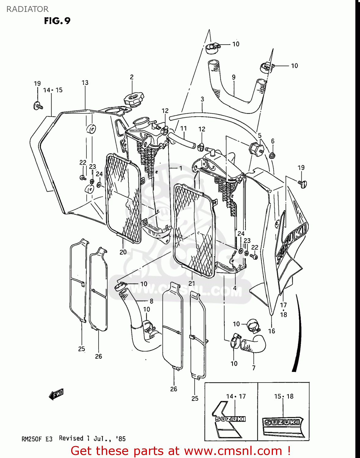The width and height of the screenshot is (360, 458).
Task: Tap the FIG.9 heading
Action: tap(57, 21)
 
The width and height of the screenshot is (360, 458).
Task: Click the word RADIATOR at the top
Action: tap(27, 9)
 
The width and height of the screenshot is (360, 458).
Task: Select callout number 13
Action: tap(85, 83)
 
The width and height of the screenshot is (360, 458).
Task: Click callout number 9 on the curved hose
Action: tap(234, 77)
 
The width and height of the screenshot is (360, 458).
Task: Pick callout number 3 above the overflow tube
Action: tap(202, 99)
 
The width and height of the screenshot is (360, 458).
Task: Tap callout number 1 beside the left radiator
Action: tap(180, 168)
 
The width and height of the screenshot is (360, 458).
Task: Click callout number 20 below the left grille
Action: tap(123, 252)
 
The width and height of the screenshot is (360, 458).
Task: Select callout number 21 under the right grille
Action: tap(191, 283)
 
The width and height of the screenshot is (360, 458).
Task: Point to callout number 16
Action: tap(271, 331)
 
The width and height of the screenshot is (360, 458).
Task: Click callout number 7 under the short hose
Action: tap(254, 368)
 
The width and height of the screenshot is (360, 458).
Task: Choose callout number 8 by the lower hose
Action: tap(151, 301)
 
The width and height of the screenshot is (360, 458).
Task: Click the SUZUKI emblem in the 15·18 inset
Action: tap(282, 422)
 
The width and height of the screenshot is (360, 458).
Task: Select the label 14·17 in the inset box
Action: tap(236, 396)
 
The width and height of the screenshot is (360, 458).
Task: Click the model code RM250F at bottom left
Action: tap(31, 439)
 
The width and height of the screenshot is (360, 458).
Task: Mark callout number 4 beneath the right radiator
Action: tap(235, 288)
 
